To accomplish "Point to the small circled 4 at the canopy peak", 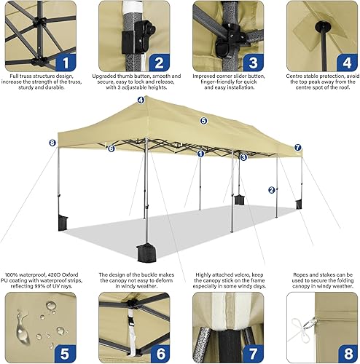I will click(140, 100).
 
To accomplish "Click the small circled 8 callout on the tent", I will click(52, 143).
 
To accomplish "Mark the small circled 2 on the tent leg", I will click(271, 190).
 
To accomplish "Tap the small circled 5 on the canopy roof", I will click(203, 121).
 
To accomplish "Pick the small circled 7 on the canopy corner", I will click(297, 148).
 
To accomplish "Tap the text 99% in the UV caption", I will click(38, 283).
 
